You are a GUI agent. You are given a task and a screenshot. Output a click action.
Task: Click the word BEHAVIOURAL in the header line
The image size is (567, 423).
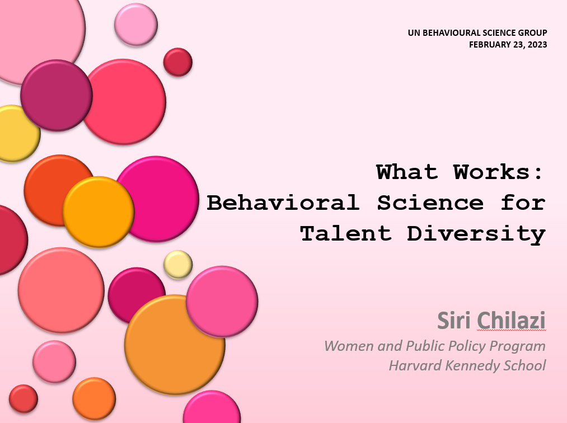447,33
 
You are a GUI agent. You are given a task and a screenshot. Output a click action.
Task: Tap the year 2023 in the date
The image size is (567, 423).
537,45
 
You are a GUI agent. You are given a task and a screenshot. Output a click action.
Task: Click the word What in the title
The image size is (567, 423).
407,172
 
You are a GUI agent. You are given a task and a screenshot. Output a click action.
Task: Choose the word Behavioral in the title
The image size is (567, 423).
283,203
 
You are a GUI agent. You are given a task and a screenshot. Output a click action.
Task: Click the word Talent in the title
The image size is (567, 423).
346,233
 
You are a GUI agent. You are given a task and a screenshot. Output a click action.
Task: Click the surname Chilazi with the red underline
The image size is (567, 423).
511,320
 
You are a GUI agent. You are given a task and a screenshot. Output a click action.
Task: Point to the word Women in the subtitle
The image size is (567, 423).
349,346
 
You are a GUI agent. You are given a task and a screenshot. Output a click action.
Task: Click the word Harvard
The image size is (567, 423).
415,365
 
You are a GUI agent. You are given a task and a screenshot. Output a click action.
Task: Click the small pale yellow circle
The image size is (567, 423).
178,265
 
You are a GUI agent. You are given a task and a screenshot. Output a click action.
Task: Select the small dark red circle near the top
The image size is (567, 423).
178,62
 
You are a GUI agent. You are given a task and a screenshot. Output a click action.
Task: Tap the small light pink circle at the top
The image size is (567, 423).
136,25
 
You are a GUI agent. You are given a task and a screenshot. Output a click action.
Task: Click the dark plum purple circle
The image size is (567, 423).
57,96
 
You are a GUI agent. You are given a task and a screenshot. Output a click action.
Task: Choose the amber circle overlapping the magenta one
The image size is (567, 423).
99,212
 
